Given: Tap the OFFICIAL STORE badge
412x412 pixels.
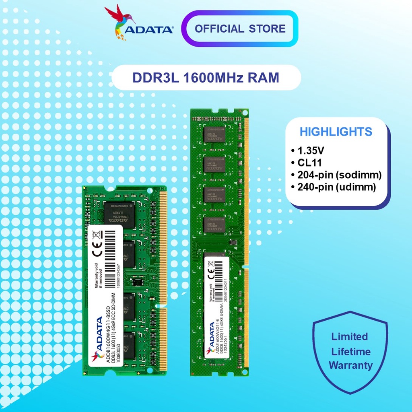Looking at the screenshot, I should (240, 29).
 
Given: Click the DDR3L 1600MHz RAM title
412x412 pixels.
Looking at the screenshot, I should (206, 77).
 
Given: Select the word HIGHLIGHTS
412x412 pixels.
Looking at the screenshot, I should (336, 132).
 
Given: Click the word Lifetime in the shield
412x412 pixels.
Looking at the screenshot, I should (350, 352).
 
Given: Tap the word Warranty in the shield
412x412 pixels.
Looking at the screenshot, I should (350, 366).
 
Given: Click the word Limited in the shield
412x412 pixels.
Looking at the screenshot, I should (350, 337).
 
